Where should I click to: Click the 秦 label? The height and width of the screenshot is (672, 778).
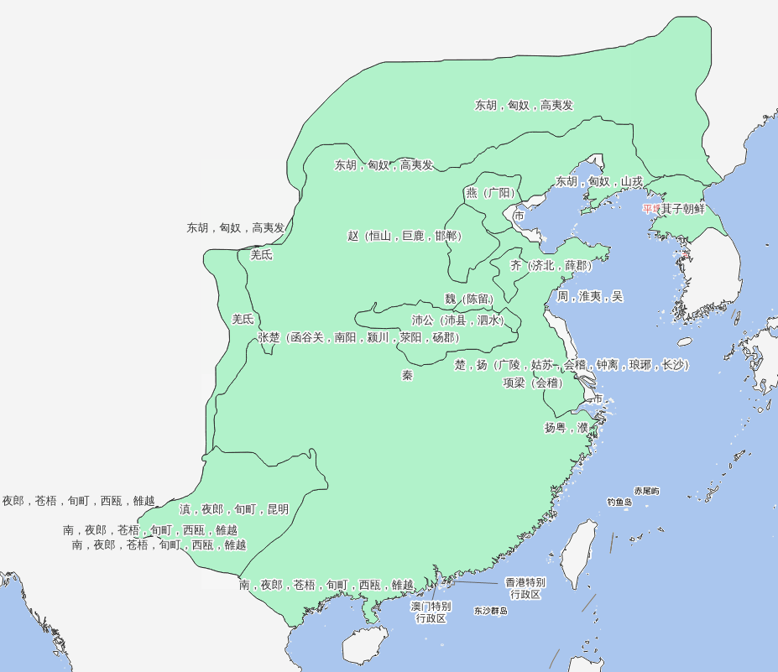coord(407,376)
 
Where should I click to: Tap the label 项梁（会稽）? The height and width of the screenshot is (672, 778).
coord(532,383)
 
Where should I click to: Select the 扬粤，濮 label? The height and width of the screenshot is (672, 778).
coord(567,428)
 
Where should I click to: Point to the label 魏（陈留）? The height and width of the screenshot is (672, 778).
coord(469,299)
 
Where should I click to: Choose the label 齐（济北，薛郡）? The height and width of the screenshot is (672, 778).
coord(551,266)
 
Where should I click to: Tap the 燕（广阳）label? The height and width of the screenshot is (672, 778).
coord(490,193)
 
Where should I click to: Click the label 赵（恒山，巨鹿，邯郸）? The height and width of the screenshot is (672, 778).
coord(405,236)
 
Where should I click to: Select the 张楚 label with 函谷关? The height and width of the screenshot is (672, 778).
coord(358,337)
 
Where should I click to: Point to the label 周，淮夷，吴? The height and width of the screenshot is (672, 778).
coord(590,297)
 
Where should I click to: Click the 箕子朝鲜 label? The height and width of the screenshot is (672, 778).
coord(683,209)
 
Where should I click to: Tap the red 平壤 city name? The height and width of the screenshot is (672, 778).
coord(651,209)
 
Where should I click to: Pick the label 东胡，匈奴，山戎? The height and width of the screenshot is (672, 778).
coord(599,181)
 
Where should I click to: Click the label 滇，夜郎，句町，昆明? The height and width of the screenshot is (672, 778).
coord(233,509)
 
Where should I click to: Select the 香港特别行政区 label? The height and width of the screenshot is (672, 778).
coord(525,588)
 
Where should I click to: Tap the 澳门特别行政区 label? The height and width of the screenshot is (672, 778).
coord(431,612)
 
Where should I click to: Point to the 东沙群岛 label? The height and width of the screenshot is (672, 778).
coord(491,611)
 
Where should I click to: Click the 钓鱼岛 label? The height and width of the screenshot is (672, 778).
coord(619,502)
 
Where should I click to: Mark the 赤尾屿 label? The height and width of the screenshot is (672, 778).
coord(646,491)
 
